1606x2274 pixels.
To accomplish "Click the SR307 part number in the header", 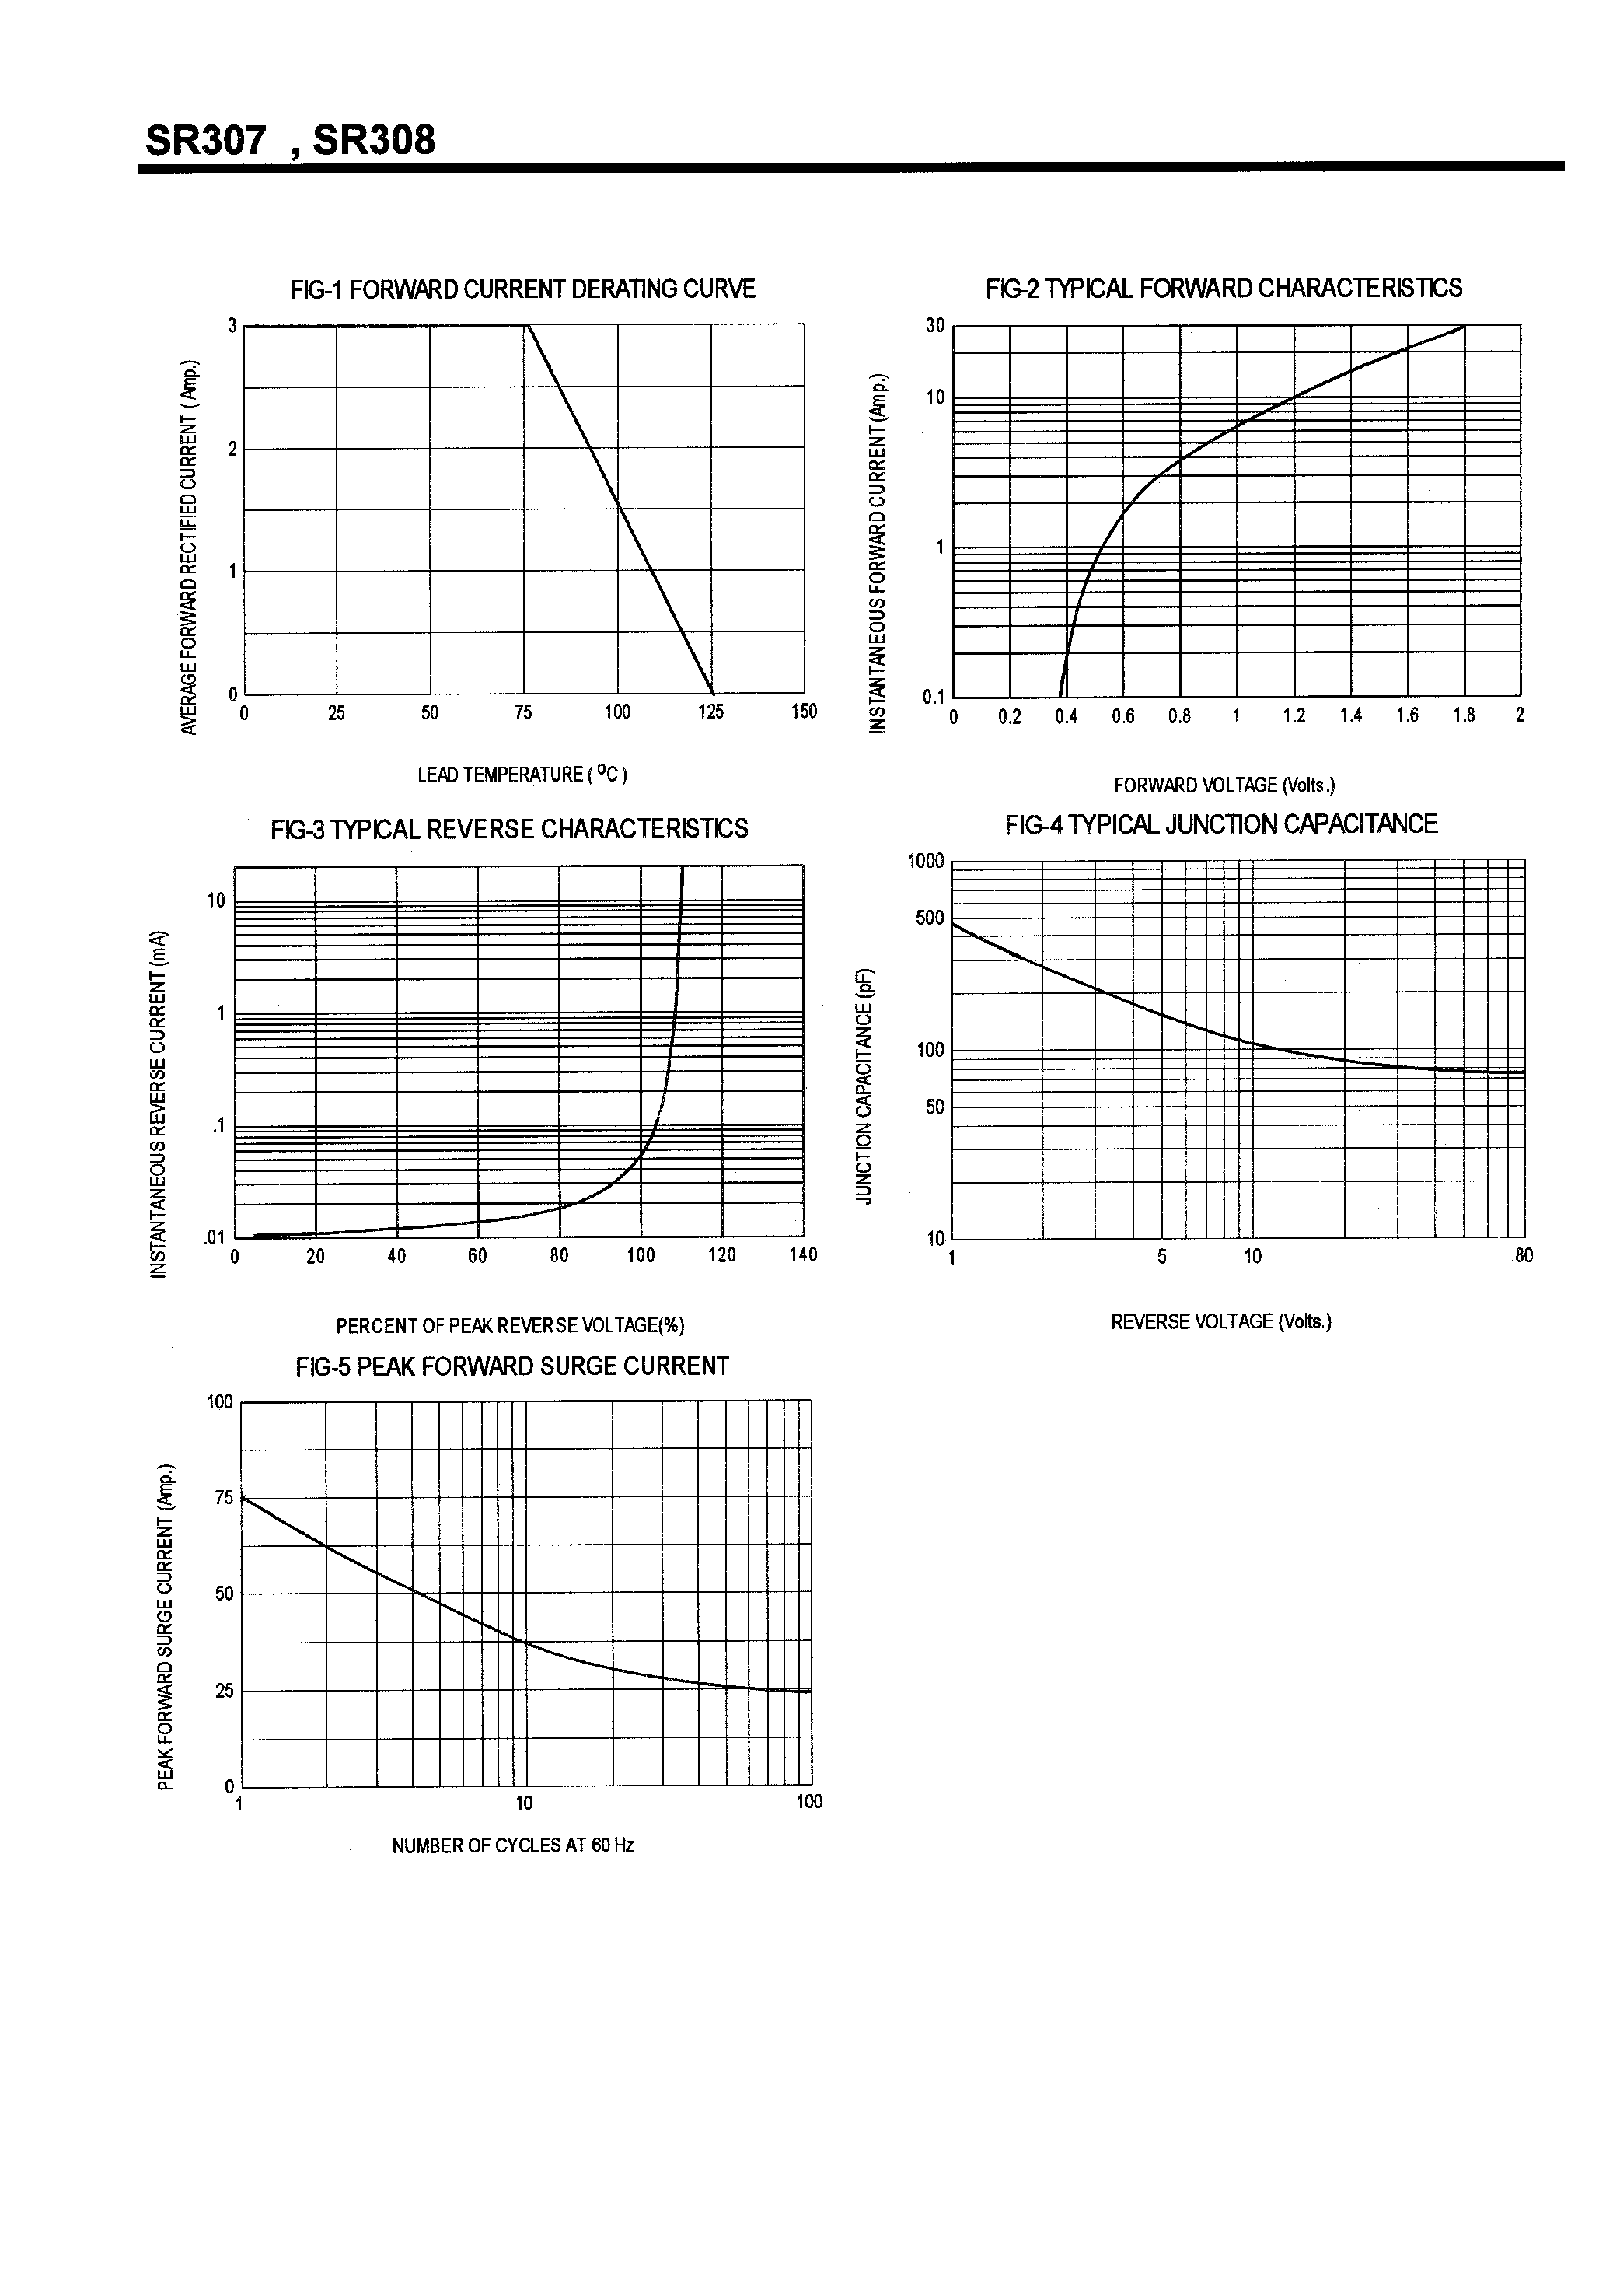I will [x=205, y=141].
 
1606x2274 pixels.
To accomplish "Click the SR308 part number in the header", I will [x=373, y=141].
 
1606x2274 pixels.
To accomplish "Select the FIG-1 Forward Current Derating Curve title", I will [x=523, y=289].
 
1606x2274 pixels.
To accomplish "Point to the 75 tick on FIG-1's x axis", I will [x=523, y=712].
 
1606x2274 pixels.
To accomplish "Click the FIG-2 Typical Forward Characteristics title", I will [x=1224, y=289].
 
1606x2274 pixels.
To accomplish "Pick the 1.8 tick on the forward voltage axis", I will [x=1464, y=716].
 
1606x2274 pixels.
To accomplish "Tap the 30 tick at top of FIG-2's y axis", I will [x=934, y=326].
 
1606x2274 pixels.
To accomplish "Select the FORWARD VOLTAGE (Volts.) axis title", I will [x=1224, y=785].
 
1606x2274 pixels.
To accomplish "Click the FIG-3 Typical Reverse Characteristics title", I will [x=509, y=829].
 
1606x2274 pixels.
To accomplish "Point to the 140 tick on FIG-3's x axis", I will [x=803, y=1256].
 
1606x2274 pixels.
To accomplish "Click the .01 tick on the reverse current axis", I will [x=215, y=1237].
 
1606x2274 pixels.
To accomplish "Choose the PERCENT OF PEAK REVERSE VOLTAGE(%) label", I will [x=510, y=1325].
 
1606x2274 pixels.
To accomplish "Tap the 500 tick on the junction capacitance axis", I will [x=930, y=918].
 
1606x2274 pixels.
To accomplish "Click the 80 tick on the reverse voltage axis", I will [x=1523, y=1256].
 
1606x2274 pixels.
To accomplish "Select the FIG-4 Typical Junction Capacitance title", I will [x=1221, y=824].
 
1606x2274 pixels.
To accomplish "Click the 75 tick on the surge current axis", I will [x=224, y=1498].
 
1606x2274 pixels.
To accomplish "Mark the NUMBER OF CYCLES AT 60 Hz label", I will [x=512, y=1845].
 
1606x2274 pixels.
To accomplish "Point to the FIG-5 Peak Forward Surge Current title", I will [x=512, y=1366].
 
